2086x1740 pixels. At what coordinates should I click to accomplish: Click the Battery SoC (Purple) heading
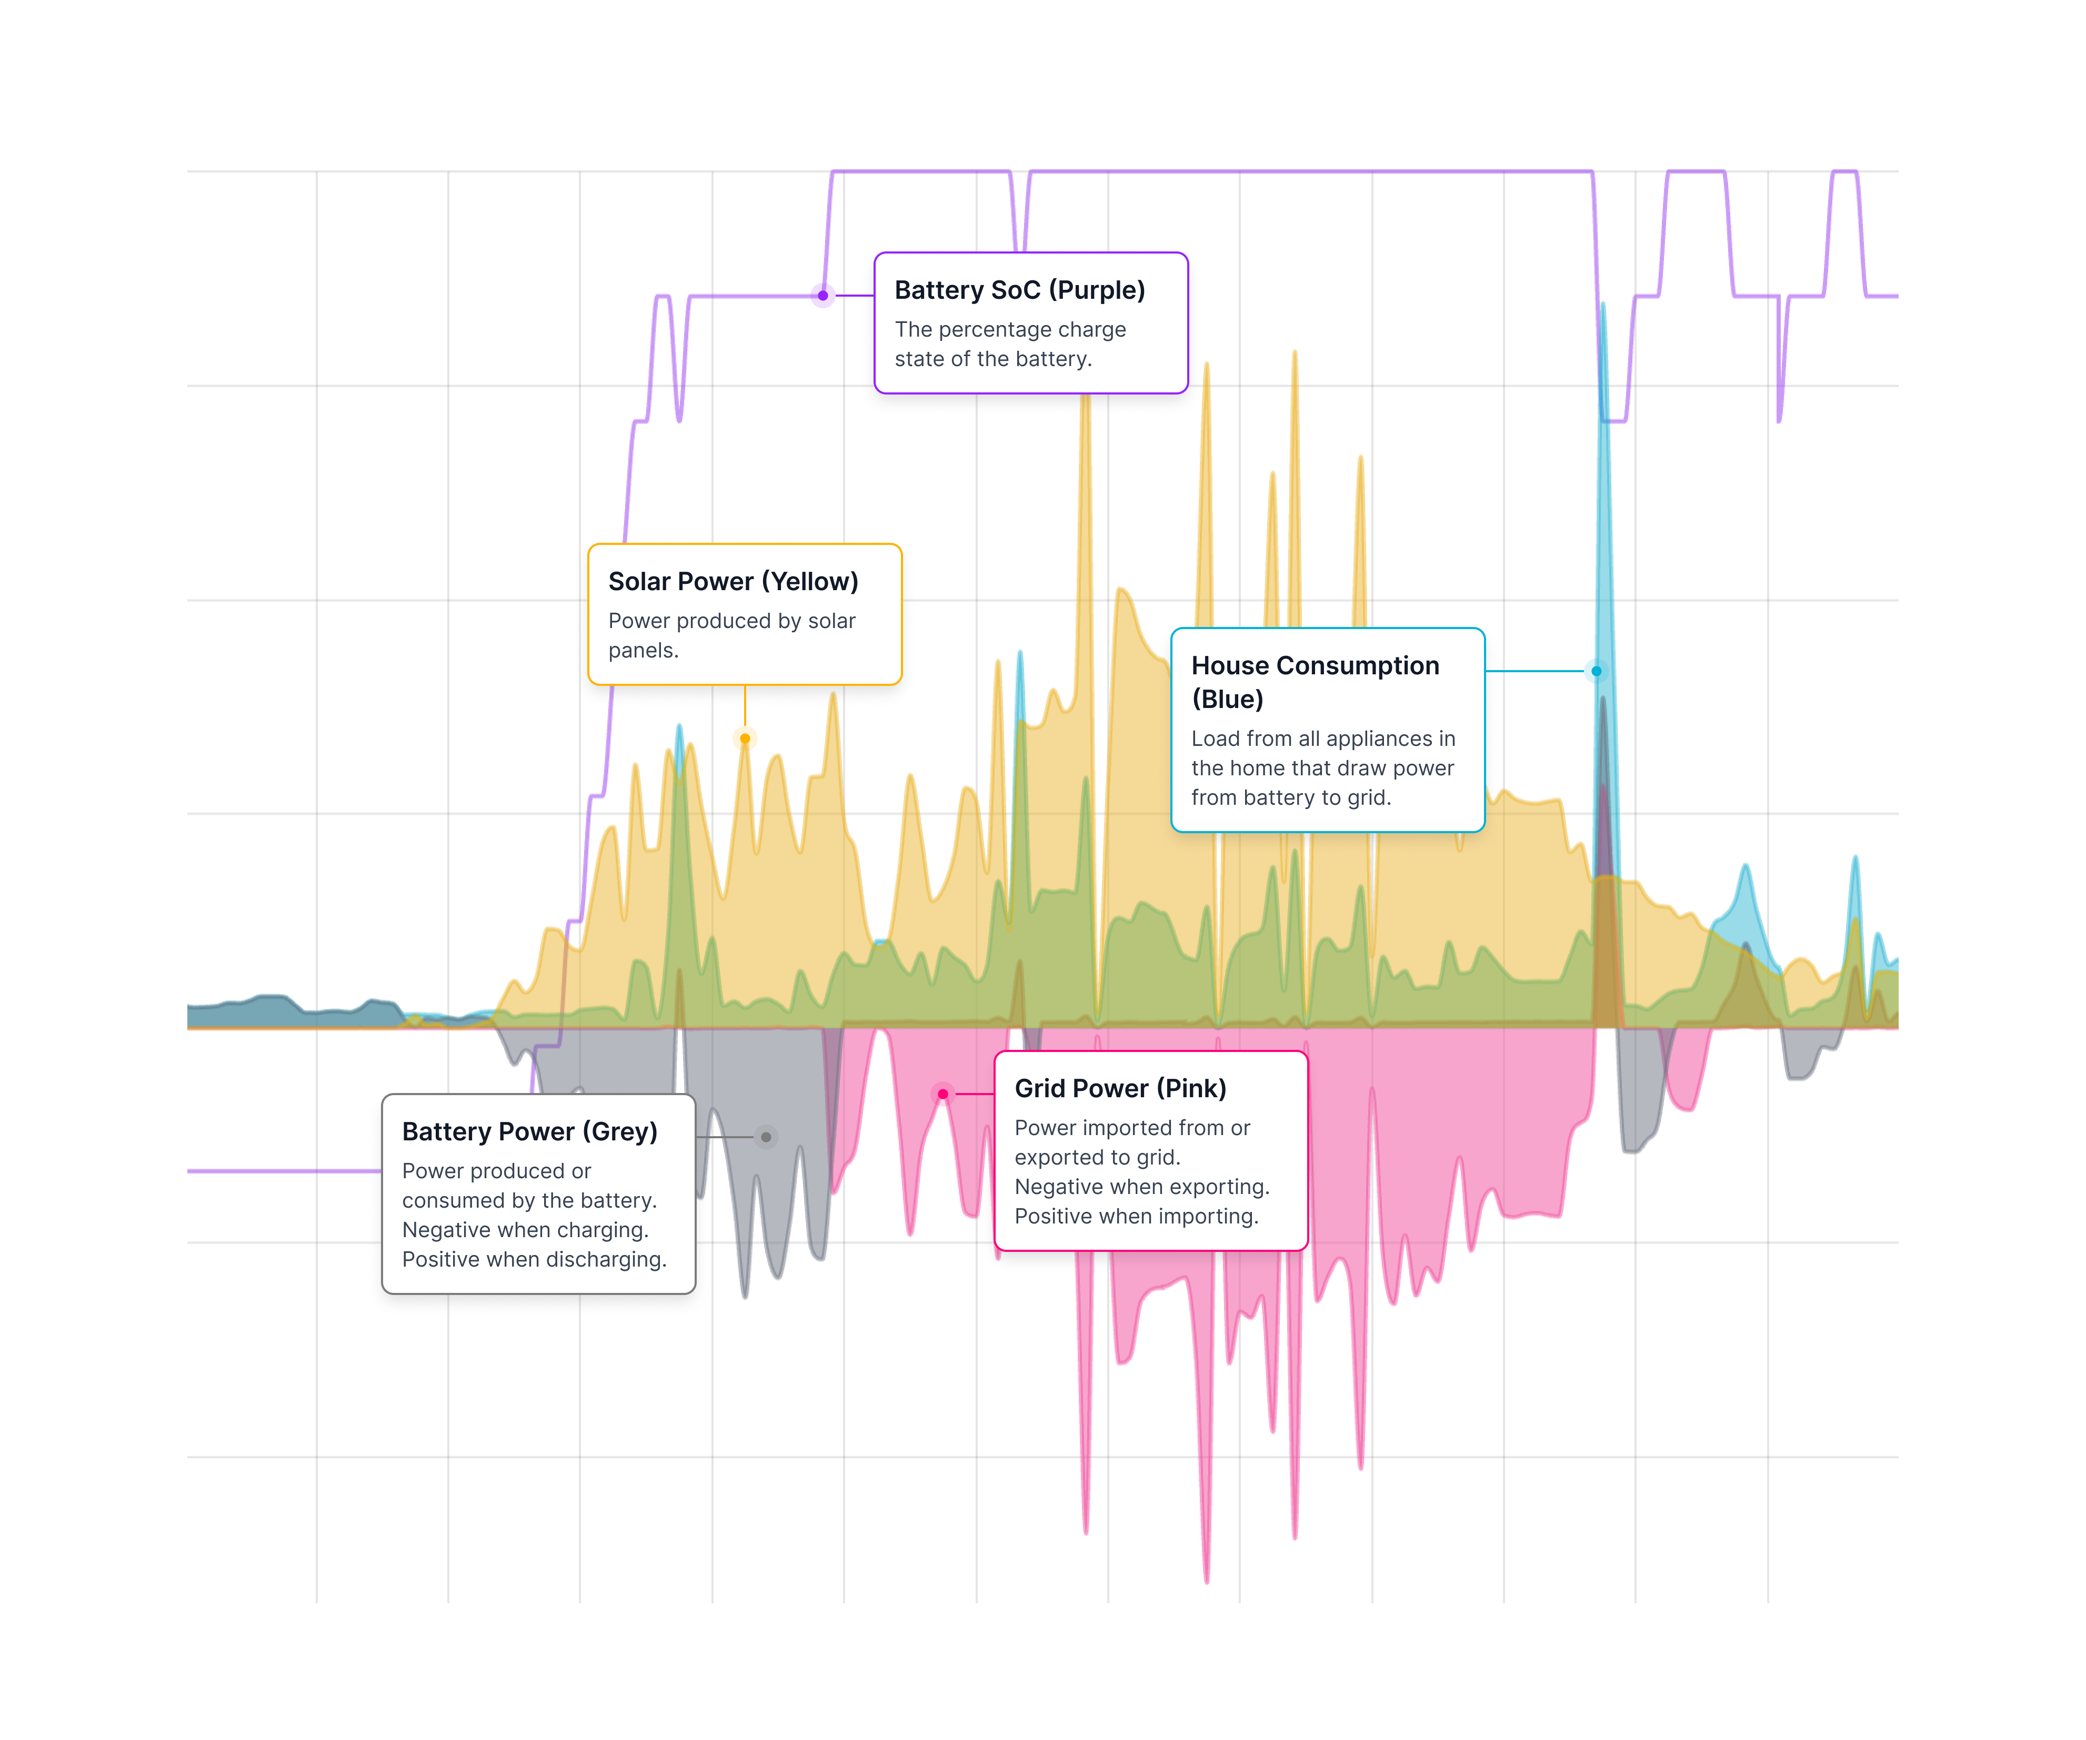pos(1019,290)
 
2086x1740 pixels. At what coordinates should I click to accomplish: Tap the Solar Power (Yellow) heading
pos(733,581)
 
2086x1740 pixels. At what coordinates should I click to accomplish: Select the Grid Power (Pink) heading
pos(1119,1088)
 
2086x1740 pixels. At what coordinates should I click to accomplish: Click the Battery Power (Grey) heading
pos(529,1131)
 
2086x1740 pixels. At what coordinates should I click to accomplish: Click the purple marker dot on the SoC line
pos(823,295)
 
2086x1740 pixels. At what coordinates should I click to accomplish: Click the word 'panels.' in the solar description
pos(643,651)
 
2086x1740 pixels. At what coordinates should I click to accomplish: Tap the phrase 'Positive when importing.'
pos(1136,1217)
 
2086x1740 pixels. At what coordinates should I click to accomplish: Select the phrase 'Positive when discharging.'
pos(534,1259)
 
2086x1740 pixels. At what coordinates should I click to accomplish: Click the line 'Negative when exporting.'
pos(1141,1187)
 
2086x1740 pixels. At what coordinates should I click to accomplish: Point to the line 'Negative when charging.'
pos(525,1230)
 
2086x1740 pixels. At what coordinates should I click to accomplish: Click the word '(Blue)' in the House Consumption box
pos(1227,699)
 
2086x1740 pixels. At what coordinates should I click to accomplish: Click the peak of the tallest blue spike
pos(1603,305)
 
